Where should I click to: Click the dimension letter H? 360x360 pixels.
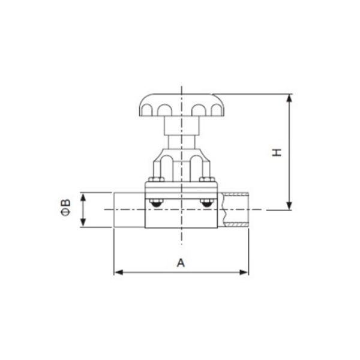(277, 152)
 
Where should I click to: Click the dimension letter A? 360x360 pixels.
(181, 262)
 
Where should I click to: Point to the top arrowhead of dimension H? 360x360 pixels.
(290, 98)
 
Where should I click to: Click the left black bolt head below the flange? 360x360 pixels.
(157, 205)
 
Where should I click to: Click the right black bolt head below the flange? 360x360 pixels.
(206, 205)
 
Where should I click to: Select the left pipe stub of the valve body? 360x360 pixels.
(130, 209)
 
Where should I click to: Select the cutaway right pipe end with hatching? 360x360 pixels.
(234, 209)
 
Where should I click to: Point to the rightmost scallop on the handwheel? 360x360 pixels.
(213, 110)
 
